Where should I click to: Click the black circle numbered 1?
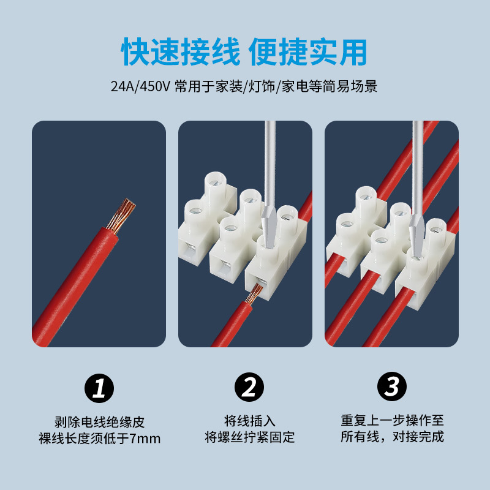point(99,388)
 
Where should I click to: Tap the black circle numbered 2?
point(249,387)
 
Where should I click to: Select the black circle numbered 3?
point(392,386)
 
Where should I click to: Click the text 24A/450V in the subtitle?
point(140,86)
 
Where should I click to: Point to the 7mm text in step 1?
point(145,439)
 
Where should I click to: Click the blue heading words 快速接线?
point(180,52)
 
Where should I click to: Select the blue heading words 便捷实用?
point(308,52)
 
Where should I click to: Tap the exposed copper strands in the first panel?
point(121,216)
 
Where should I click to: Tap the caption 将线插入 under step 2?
point(250,421)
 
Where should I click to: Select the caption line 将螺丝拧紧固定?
point(250,437)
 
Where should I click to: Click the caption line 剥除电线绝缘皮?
point(99,422)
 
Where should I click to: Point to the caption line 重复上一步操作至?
point(392,420)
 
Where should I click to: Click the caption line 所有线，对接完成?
point(392,437)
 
